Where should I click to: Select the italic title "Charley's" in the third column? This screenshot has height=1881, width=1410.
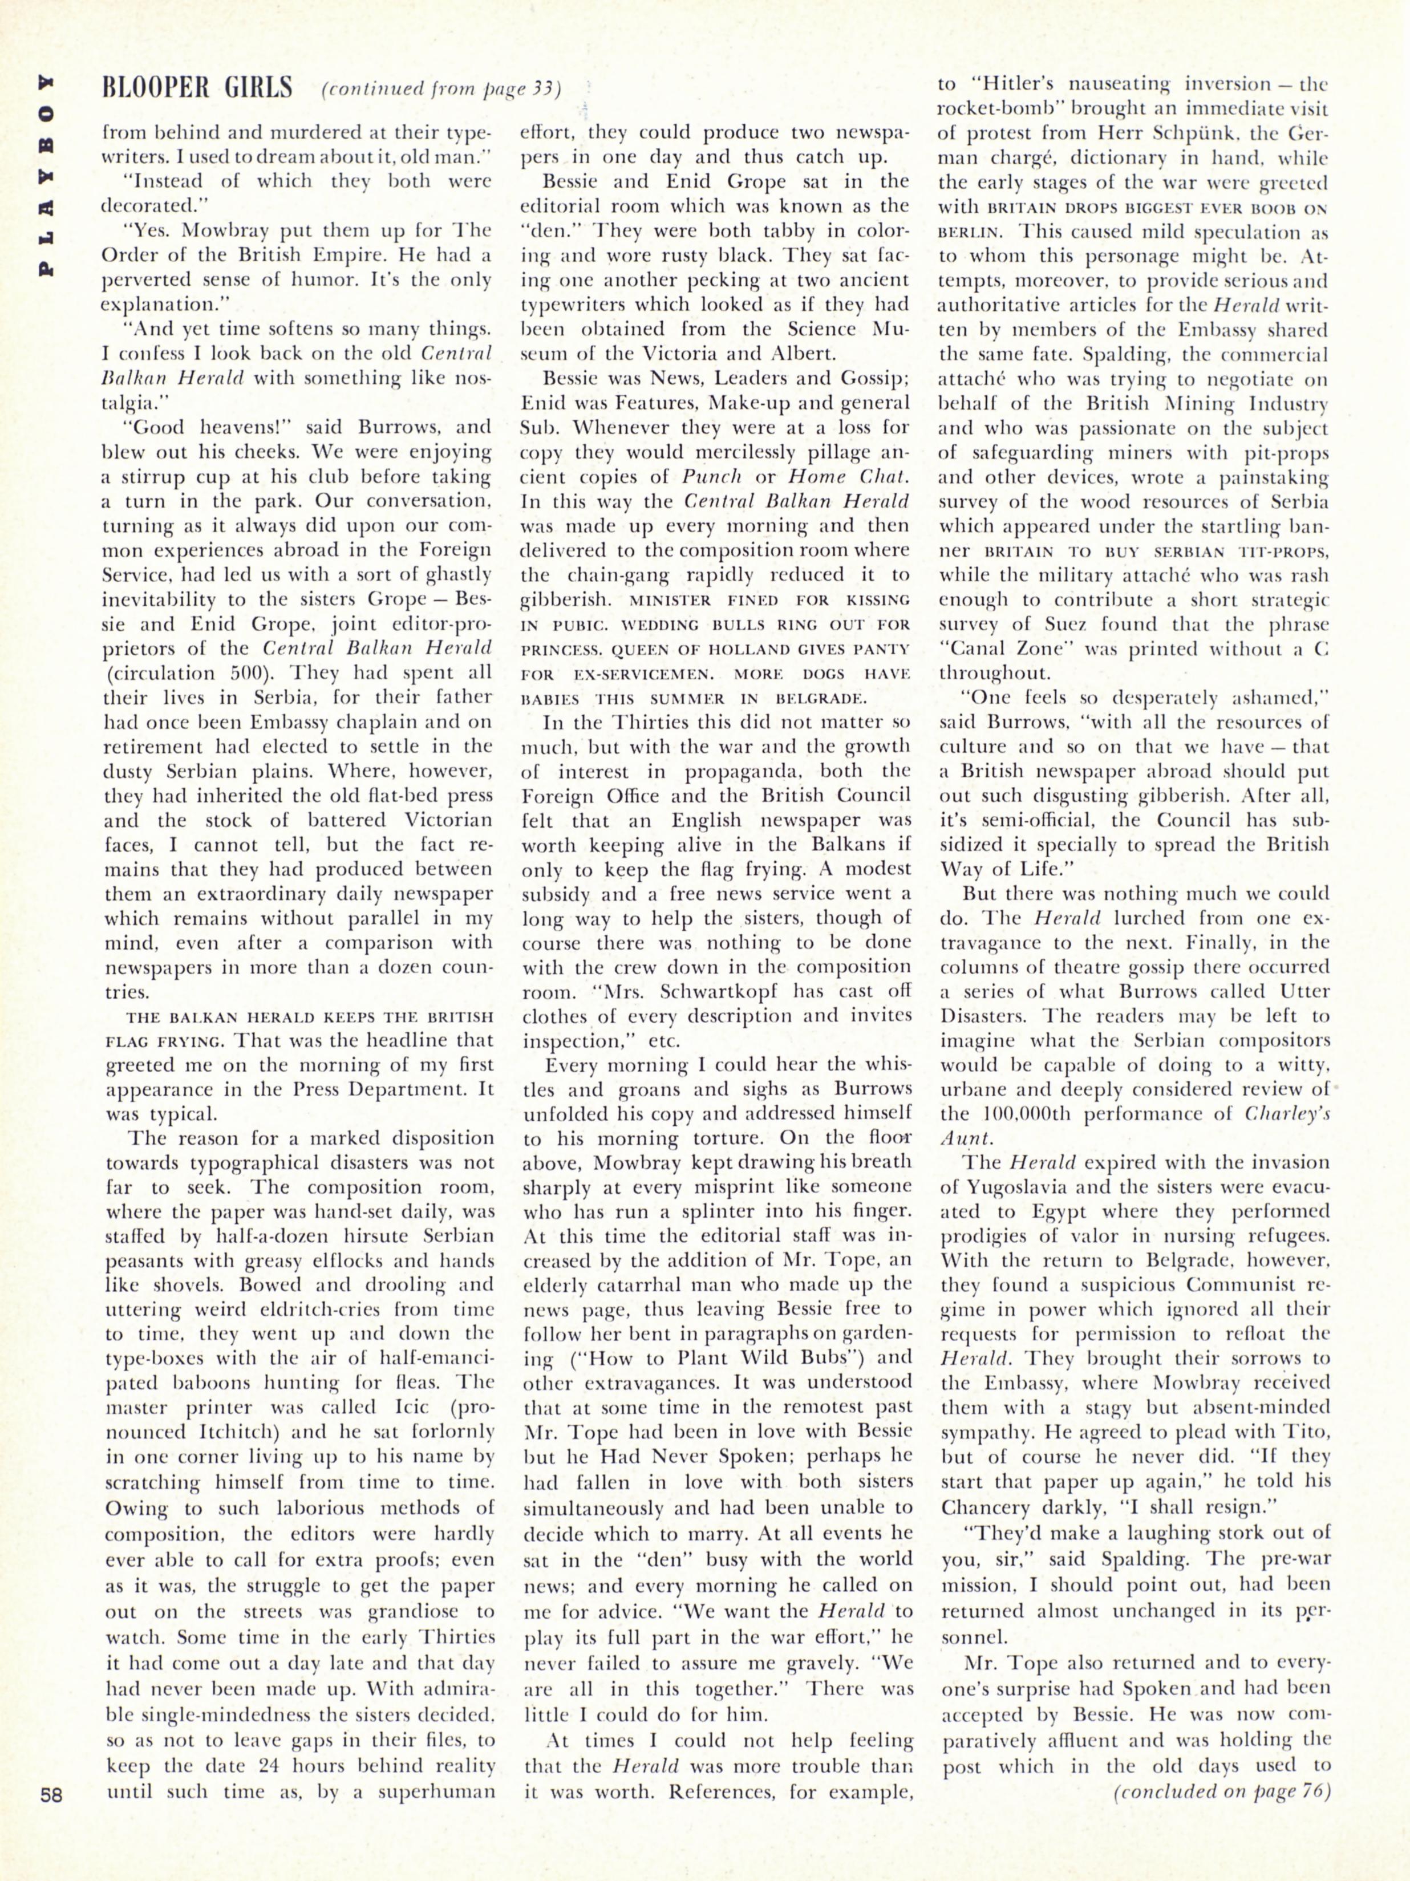(x=1289, y=1114)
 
